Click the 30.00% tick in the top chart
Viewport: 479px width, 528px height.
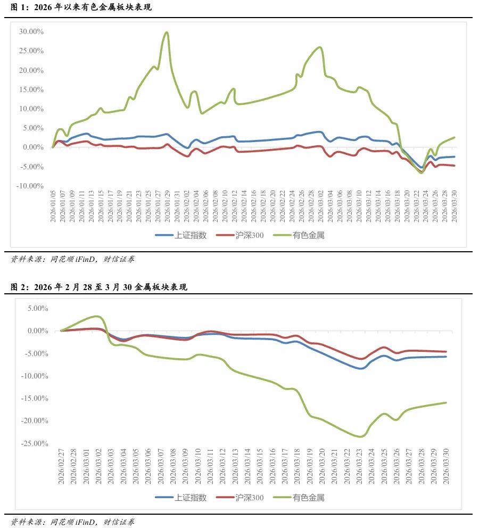[31, 31]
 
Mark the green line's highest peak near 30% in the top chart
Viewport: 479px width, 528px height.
[167, 32]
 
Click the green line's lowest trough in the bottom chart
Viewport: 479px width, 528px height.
[360, 436]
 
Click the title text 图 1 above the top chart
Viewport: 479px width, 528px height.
[18, 8]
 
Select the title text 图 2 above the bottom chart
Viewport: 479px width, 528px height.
[18, 287]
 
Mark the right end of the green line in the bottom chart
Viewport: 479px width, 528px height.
[446, 402]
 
